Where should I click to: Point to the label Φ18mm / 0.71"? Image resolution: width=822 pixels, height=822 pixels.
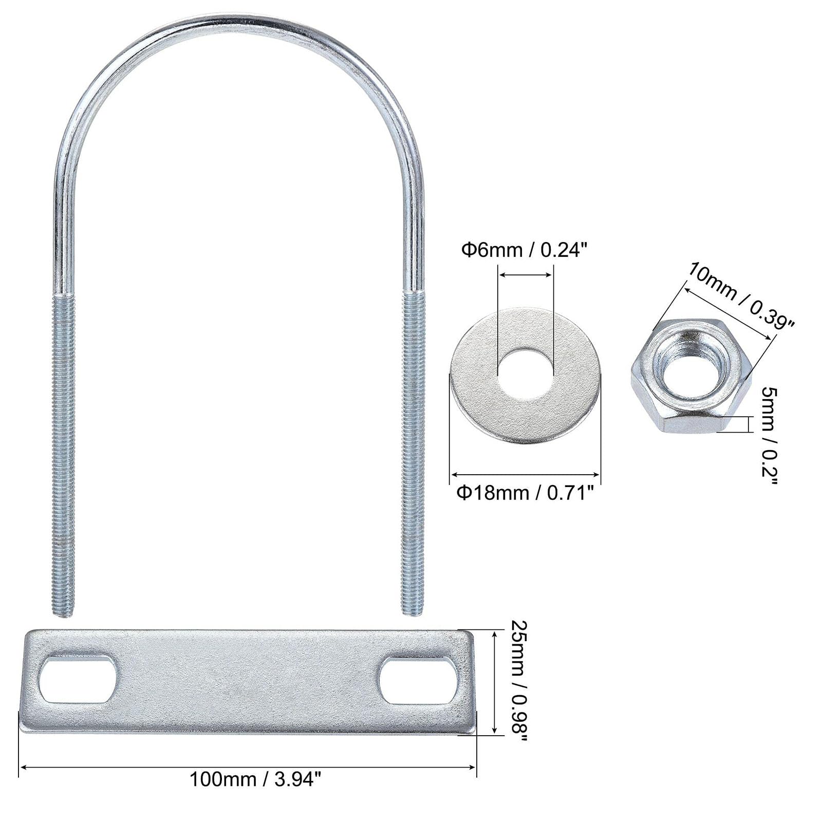(526, 493)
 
